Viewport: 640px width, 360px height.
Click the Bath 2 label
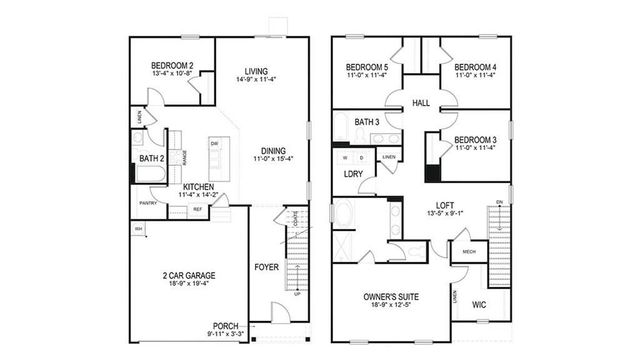pyautogui.click(x=152, y=158)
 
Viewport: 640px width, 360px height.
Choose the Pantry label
pyautogui.click(x=147, y=202)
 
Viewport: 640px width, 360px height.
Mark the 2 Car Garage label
pyautogui.click(x=189, y=275)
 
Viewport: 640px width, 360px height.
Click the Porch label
pyautogui.click(x=225, y=325)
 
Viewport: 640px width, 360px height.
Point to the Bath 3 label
pyautogui.click(x=366, y=122)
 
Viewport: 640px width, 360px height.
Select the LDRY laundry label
pyautogui.click(x=352, y=175)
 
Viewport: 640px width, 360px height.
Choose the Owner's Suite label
pyautogui.click(x=391, y=297)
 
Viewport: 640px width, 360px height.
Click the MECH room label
pyautogui.click(x=468, y=252)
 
